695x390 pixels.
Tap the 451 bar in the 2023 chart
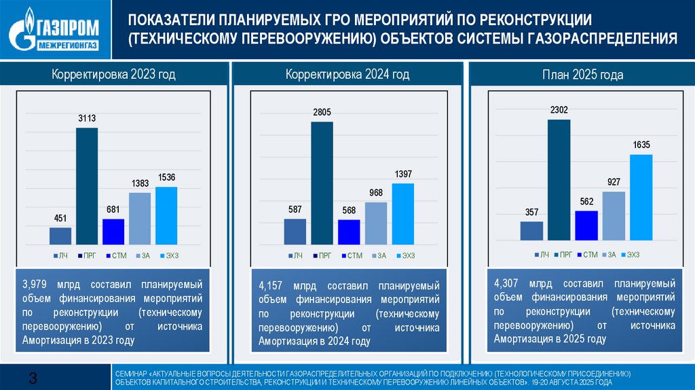coord(60,235)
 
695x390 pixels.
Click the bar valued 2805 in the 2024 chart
coord(322,183)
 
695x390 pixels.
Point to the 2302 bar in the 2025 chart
coord(559,180)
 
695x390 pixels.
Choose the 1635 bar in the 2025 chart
coord(641,198)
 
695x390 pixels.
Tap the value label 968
coord(376,194)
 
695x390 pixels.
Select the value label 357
coord(532,213)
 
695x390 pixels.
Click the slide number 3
coord(32,378)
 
